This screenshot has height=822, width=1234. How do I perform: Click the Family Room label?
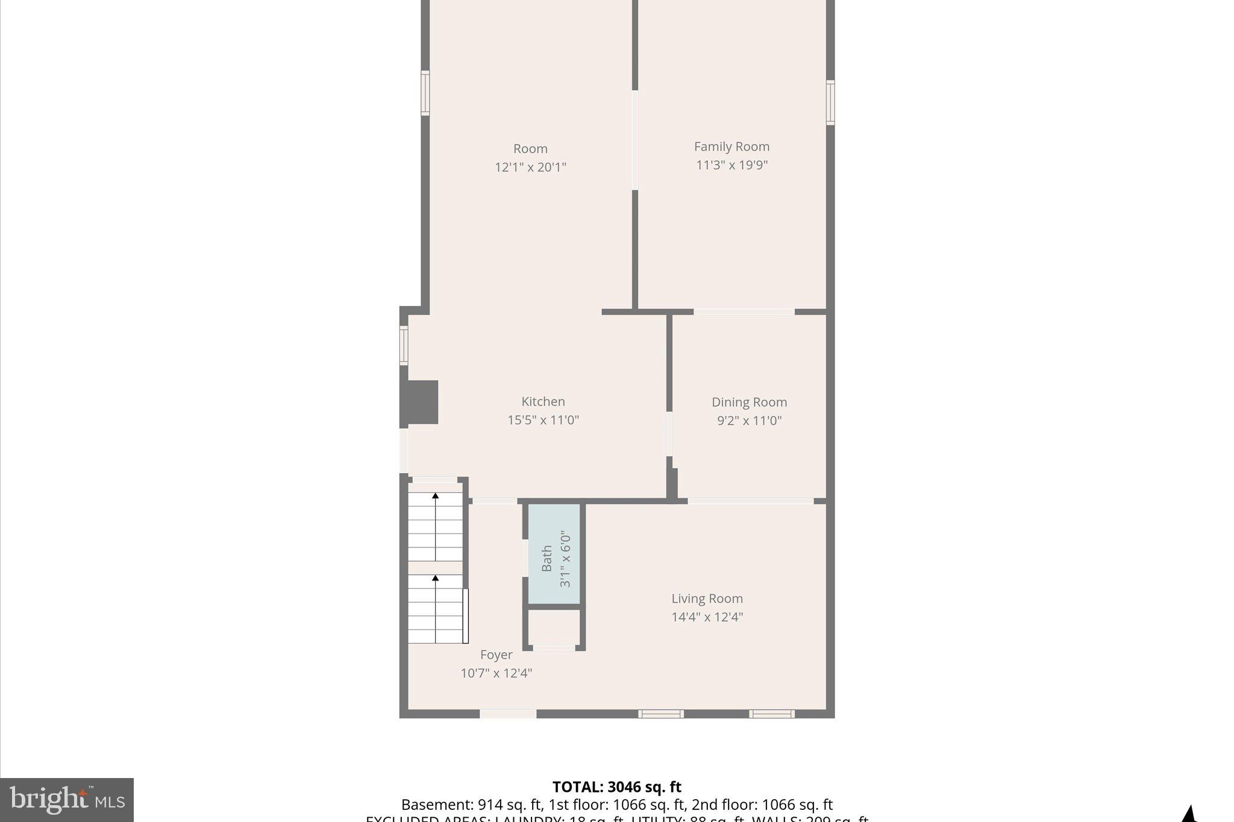pos(731,146)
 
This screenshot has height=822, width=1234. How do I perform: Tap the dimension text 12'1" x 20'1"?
pos(530,167)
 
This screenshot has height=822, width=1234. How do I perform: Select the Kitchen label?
pos(543,402)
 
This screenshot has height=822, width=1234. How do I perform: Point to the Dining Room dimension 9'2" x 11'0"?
pos(749,420)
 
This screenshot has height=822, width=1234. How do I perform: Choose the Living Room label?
pos(707,599)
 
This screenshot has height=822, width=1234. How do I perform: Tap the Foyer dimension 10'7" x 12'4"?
pos(496,673)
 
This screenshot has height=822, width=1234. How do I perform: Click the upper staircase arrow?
pos(435,497)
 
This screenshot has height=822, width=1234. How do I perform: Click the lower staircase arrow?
pos(435,579)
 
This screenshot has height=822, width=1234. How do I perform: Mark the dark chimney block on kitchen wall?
pos(419,402)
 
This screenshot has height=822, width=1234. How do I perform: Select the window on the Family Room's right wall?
pos(830,102)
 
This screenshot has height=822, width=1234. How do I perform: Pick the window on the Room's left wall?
pos(425,93)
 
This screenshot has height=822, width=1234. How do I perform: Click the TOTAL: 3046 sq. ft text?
pos(616,786)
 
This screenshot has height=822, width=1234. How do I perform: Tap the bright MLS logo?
pos(67,800)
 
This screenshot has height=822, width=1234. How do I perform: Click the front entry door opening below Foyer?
pos(507,714)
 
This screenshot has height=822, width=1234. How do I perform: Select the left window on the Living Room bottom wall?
pos(660,714)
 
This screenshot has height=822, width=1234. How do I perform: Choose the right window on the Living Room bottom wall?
pos(771,714)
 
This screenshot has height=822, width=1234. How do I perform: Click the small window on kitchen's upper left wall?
pos(404,345)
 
